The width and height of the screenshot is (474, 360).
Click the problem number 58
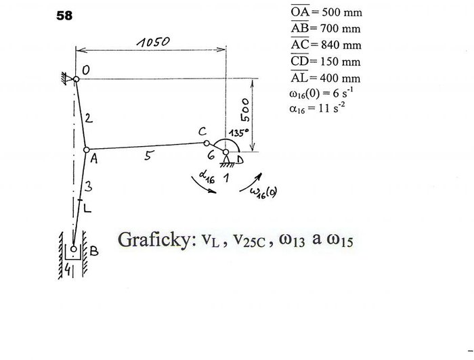[x=64, y=16]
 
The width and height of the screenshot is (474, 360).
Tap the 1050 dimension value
[x=153, y=42]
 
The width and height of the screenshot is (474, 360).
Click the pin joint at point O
[x=76, y=79]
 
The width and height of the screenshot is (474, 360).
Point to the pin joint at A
[x=87, y=150]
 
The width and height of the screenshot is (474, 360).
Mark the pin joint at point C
[x=207, y=143]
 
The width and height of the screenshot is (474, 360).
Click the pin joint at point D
[x=225, y=152]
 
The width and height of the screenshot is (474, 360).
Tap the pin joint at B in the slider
[x=73, y=249]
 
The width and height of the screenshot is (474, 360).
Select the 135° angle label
[x=239, y=133]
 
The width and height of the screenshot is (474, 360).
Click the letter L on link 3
[x=87, y=208]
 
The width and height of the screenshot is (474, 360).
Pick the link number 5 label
[x=148, y=156]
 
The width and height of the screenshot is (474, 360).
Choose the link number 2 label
[x=89, y=118]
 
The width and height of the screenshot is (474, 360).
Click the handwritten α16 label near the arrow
[x=207, y=177]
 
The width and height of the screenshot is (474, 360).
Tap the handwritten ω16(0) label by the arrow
[x=263, y=192]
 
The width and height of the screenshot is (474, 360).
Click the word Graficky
[x=157, y=240]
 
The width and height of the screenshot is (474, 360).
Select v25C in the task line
[x=249, y=241]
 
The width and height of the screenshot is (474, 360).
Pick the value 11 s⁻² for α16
[x=332, y=108]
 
